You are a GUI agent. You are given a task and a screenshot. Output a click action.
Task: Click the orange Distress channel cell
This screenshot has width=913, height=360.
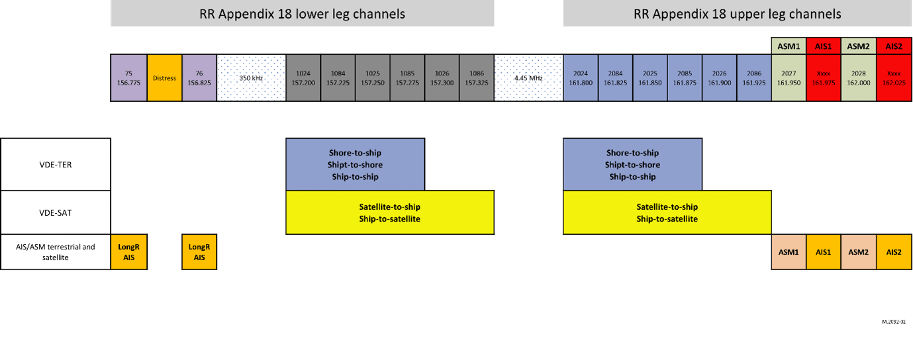point(165,78)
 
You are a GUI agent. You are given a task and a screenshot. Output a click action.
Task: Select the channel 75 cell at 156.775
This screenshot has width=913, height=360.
point(128,78)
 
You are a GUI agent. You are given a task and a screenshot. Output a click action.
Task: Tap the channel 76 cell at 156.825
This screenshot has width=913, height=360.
point(199,78)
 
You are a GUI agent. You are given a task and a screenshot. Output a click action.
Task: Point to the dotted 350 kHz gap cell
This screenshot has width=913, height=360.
point(251,78)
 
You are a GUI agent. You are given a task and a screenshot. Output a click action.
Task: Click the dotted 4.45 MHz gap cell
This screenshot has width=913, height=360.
point(528,78)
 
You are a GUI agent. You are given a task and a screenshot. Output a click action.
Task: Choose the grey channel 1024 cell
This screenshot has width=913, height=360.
point(303,78)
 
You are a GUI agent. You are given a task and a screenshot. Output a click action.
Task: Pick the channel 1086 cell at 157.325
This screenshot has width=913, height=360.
point(477,78)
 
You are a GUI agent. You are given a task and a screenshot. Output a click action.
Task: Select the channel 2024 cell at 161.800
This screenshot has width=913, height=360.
point(581,78)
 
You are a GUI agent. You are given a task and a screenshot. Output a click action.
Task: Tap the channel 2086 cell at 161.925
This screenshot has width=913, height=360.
point(754,78)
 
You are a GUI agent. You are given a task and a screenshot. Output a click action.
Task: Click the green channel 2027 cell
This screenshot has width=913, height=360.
point(789,78)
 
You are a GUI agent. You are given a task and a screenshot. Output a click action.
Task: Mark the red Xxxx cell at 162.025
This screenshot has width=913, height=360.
point(894,78)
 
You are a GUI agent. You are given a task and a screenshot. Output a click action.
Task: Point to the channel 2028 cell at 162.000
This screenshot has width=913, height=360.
point(859,78)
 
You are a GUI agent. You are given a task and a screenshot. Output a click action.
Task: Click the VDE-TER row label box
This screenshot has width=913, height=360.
point(56,165)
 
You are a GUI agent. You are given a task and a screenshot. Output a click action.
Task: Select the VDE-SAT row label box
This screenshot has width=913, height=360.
point(56,212)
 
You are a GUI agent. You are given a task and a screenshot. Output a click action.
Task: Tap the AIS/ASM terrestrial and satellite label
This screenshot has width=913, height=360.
point(56,252)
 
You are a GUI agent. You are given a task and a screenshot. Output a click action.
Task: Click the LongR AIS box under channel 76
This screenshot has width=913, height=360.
point(199,252)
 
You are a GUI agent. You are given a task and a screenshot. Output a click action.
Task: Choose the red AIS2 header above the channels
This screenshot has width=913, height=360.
point(894,46)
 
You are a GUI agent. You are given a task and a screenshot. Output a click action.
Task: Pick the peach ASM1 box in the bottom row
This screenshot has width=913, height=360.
point(789,252)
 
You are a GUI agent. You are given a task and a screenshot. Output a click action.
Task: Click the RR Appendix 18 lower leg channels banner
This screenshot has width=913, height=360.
point(302,14)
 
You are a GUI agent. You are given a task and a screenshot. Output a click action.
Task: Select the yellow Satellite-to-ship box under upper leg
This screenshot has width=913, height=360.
point(667,212)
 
